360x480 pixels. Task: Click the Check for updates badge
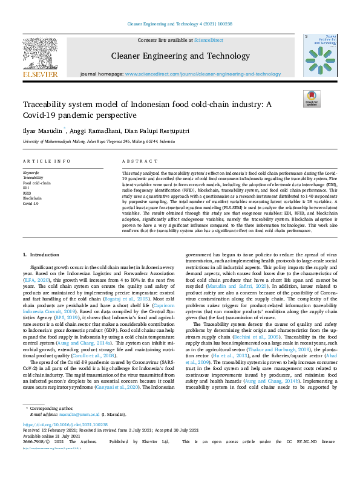coord(311,99)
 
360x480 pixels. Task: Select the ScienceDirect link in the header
coord(208,40)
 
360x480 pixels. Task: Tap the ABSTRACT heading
coord(136,162)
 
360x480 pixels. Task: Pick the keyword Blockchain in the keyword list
coord(33,198)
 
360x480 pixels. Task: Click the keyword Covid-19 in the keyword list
coord(31,203)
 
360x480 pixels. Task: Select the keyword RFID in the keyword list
coord(28,193)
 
